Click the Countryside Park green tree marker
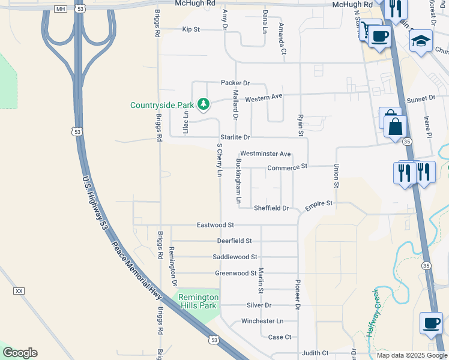(204, 104)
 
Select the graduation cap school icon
(421, 41)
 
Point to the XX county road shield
(19, 291)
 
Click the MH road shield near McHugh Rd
(60, 9)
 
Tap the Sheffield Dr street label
(271, 208)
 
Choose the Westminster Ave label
(265, 154)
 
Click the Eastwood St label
(215, 225)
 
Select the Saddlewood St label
(235, 257)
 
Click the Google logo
(20, 352)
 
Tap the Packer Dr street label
(235, 83)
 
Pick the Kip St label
(190, 29)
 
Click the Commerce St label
(287, 167)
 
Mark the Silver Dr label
(259, 305)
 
